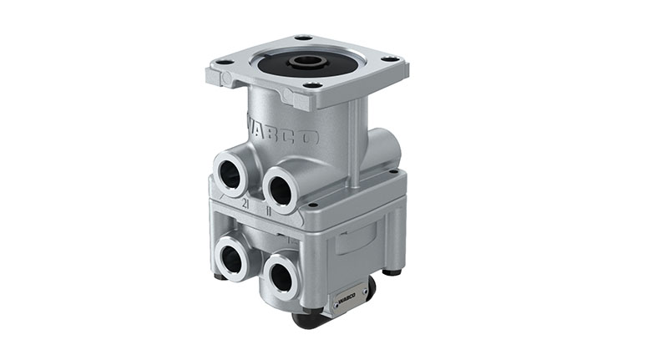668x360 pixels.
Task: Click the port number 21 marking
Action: [245, 204]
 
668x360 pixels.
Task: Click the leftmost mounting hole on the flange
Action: [225, 62]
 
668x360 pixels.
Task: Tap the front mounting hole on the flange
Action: [312, 84]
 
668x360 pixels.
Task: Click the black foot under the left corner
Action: [220, 276]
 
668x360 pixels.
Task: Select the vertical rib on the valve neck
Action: [356, 142]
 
